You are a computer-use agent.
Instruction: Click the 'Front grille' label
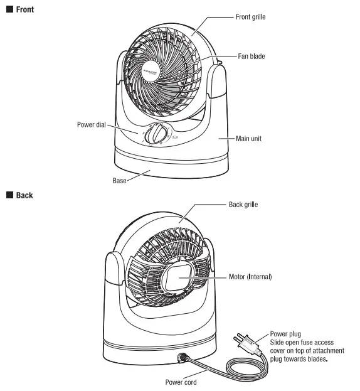(x=250, y=17)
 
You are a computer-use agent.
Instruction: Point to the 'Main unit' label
(x=248, y=138)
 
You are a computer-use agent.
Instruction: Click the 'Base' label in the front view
(x=120, y=181)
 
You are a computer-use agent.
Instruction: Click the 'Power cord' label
(x=182, y=382)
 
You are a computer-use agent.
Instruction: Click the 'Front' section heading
(x=25, y=9)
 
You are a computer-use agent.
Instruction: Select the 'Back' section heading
(x=24, y=195)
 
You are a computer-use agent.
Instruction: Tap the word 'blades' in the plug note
(x=317, y=360)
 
